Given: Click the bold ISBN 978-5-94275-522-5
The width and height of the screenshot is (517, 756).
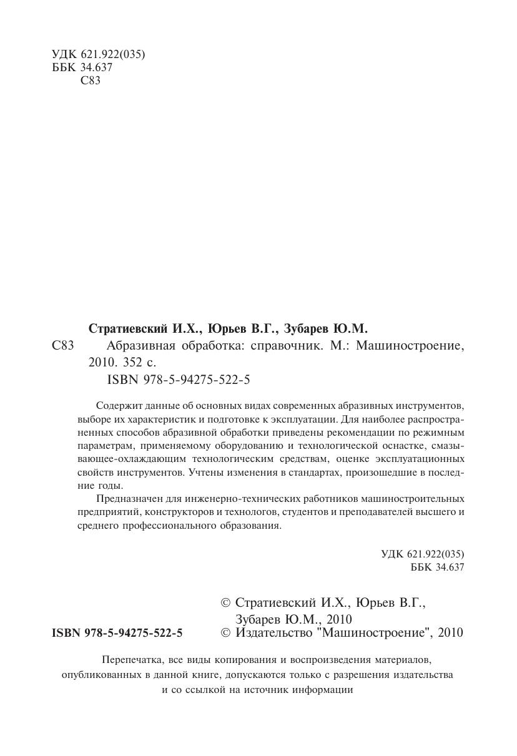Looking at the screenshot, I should (x=117, y=633).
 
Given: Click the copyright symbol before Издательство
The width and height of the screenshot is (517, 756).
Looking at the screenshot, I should (x=226, y=632).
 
